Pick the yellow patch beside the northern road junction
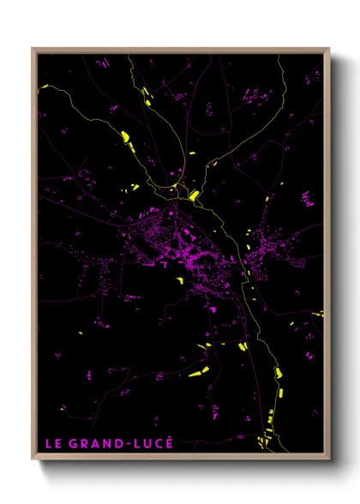(x=195, y=195)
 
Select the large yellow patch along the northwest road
(x=125, y=136)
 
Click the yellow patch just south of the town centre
(x=179, y=279)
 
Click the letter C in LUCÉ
(x=154, y=443)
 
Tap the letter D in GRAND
(x=112, y=443)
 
